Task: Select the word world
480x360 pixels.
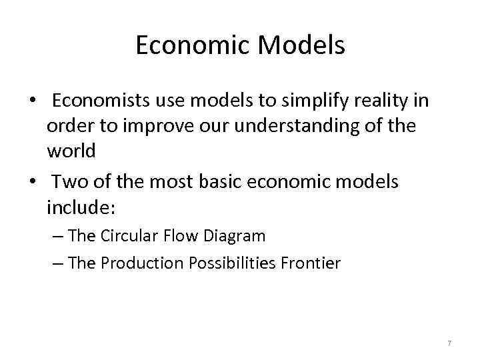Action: click(71, 151)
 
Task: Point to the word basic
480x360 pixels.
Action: click(223, 182)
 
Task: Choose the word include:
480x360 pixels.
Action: click(81, 207)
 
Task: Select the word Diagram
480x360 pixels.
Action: click(236, 236)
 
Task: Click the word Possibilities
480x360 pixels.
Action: click(230, 263)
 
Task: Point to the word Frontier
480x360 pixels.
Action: click(313, 263)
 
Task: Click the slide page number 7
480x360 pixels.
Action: click(449, 343)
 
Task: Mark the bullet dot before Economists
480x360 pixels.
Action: click(31, 101)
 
